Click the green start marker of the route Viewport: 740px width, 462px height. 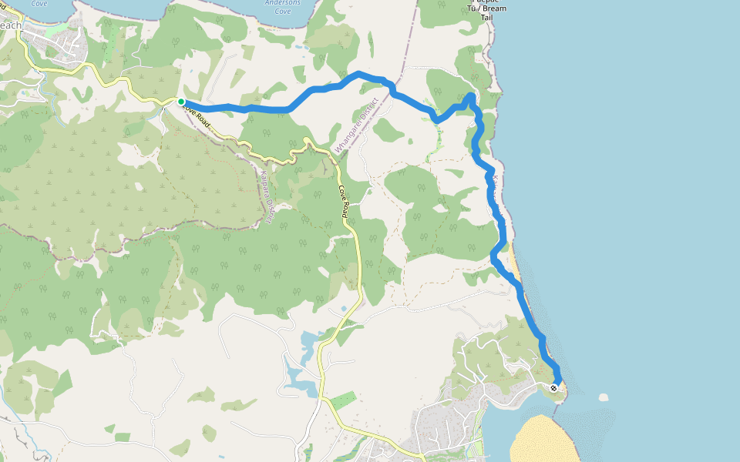coord(181,101)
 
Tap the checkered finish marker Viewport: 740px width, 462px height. coord(554,387)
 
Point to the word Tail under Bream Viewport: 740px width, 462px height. coord(487,17)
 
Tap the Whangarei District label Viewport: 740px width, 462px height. coord(357,123)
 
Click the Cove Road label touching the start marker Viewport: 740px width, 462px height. coord(197,116)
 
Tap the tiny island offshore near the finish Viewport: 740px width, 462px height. coord(603,397)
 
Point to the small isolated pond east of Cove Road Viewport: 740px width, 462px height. coord(343,309)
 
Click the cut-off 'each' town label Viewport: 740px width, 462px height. coord(11,25)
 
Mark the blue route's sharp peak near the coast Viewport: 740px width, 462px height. coord(470,95)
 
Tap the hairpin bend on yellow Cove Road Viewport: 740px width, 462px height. coord(307,141)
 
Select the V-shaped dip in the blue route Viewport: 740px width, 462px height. coord(436,119)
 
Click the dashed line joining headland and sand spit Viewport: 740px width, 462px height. coord(556,407)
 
